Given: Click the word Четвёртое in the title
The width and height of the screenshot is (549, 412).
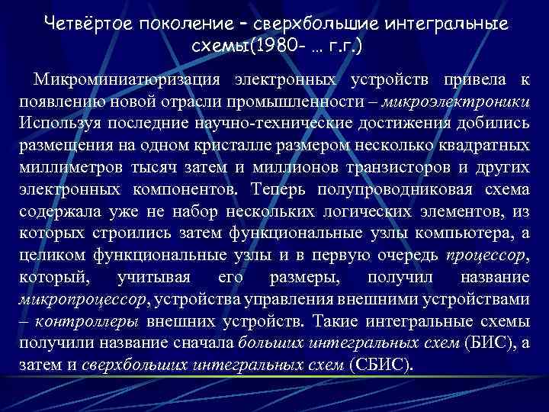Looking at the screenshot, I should click(x=85, y=24).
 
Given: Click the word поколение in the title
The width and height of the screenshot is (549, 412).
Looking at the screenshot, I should click(x=182, y=24).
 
